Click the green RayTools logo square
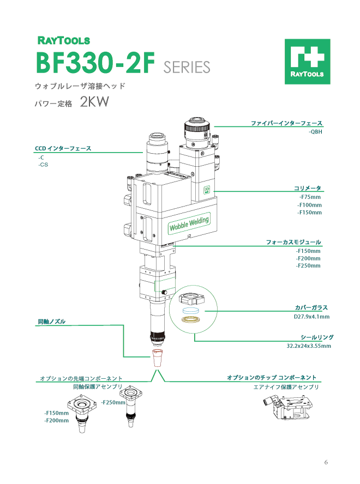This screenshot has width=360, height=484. [x=307, y=61]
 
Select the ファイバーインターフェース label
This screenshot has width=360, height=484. [x=286, y=123]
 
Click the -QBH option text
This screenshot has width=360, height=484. [x=315, y=132]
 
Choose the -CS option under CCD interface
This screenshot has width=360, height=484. [x=43, y=165]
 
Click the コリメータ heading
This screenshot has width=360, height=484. [x=307, y=188]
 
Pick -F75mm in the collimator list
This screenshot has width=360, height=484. [x=310, y=197]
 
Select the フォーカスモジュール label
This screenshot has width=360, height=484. [x=293, y=241]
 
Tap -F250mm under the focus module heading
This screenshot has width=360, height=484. [x=308, y=265]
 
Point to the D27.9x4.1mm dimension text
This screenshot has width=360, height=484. [x=308, y=316]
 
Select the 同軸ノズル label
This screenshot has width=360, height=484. [x=51, y=322]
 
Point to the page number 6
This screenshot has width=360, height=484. [x=326, y=462]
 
